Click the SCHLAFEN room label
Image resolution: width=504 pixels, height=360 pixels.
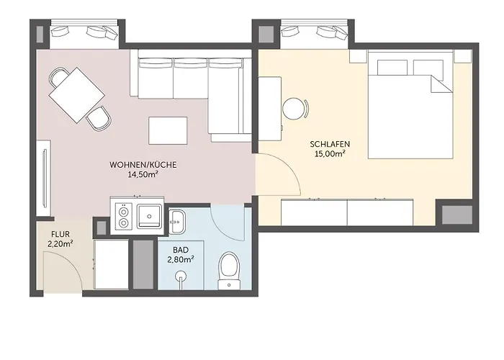click(330, 144)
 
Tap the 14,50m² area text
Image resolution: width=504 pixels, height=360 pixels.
click(144, 174)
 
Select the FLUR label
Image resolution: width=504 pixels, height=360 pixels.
click(60, 235)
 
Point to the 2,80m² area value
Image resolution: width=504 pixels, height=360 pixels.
click(181, 259)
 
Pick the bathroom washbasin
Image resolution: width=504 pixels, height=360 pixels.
click(176, 222)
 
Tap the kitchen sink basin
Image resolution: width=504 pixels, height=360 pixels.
click(149, 216)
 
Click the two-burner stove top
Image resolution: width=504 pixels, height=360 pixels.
click(123, 216)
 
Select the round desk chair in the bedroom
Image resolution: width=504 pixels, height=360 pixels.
click(295, 109)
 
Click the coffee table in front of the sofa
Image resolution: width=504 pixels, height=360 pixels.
click(168, 130)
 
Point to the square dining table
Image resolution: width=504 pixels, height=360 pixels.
click(77, 95)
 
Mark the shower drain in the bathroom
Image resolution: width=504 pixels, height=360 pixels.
click(181, 275)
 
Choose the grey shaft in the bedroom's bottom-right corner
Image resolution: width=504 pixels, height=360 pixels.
click(456, 215)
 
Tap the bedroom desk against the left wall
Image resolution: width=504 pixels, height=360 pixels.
click(270, 109)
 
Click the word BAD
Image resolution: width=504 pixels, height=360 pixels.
click(181, 250)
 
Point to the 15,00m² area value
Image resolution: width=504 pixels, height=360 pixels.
click(330, 153)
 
